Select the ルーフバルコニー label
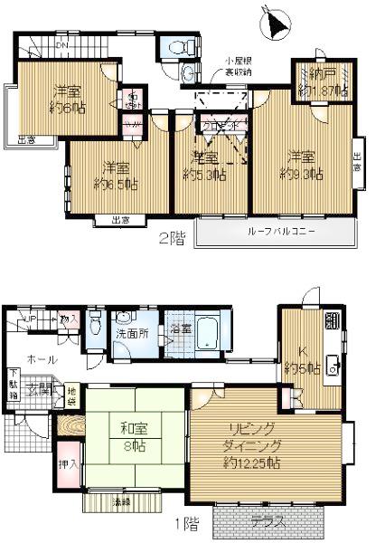(281, 232)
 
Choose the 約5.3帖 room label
(203, 166)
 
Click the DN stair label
(62, 45)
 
